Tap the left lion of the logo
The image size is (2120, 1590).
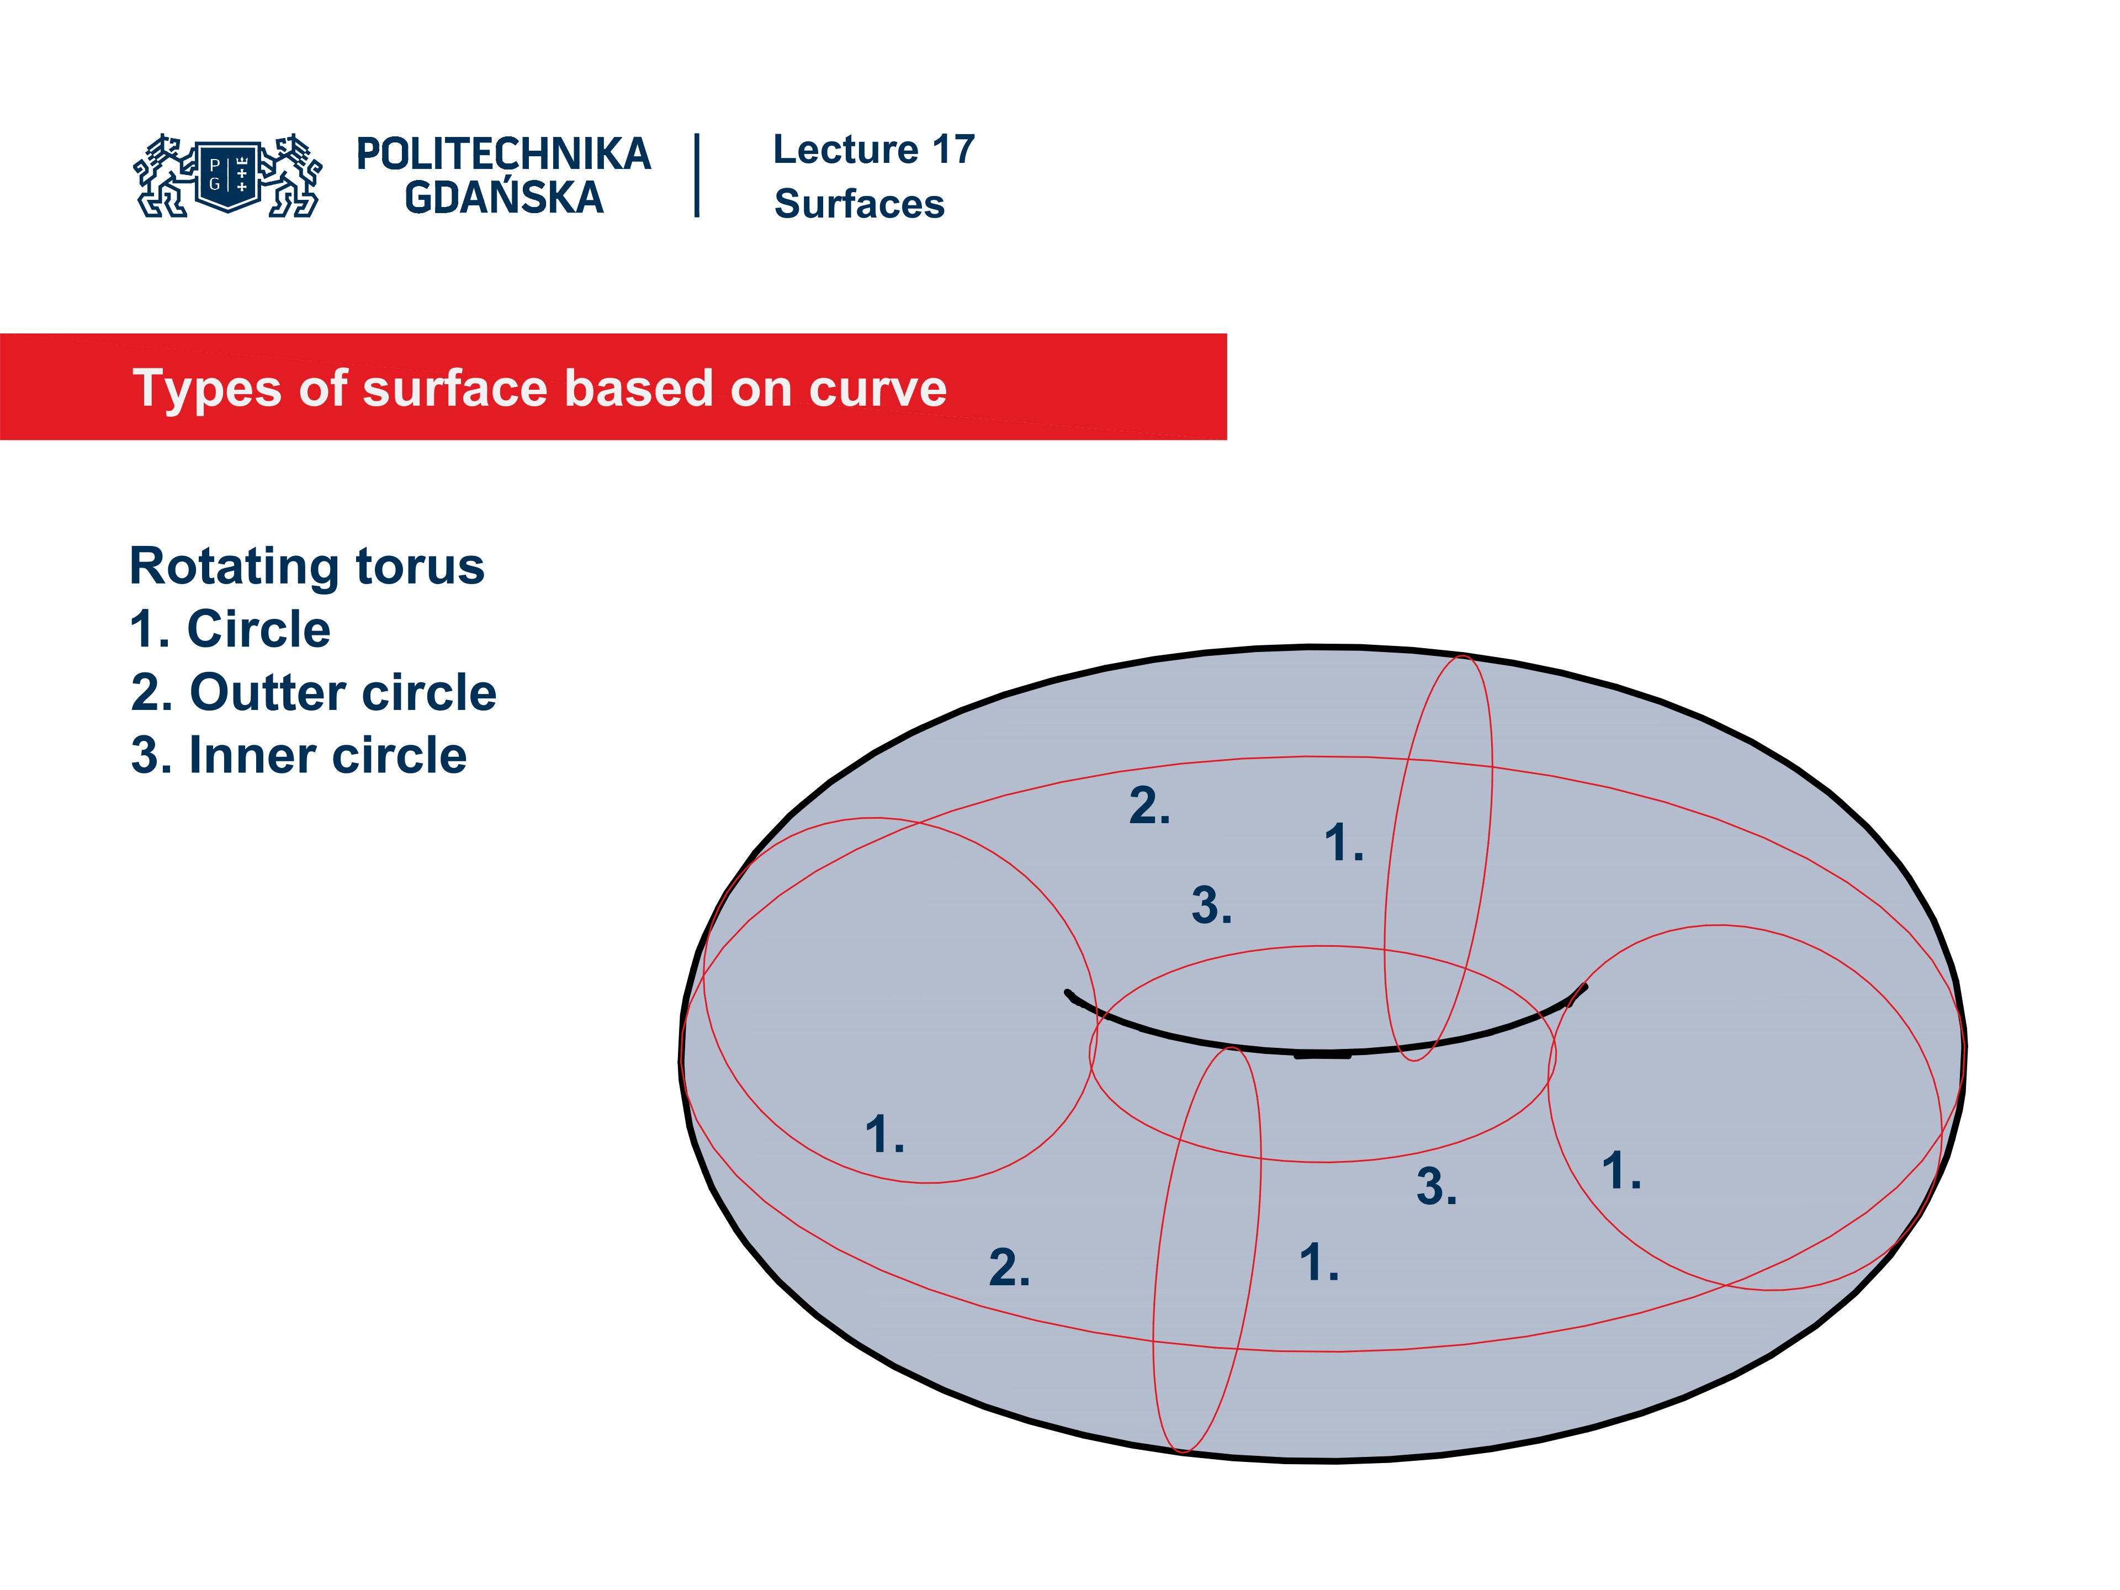163,176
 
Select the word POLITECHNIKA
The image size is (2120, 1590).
503,154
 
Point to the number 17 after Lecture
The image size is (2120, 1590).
953,150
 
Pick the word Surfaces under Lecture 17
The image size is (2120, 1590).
858,204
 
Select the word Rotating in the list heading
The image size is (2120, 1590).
234,566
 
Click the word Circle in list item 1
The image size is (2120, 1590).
259,630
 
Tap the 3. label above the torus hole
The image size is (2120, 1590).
1211,906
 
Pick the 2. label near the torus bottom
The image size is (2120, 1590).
1009,1268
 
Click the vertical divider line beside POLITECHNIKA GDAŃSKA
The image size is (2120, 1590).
697,176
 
